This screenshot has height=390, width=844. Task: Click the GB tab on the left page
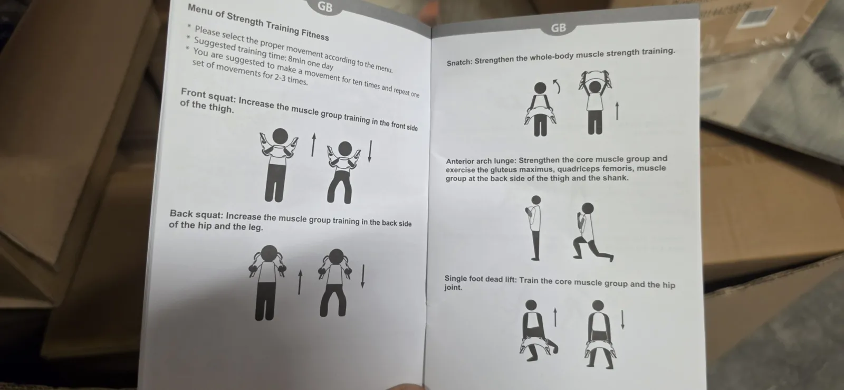click(x=325, y=6)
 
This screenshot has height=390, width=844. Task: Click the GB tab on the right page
click(x=558, y=28)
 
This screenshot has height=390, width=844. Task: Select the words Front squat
click(x=208, y=96)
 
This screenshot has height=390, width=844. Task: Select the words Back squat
click(x=196, y=214)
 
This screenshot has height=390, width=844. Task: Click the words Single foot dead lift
click(x=481, y=279)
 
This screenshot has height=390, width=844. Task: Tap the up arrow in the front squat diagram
click(x=313, y=145)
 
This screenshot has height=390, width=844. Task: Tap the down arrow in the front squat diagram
click(x=370, y=151)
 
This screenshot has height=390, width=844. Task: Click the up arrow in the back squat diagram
click(x=300, y=282)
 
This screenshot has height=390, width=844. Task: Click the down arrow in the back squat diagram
click(x=363, y=277)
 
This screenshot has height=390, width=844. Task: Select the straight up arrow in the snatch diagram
click(x=617, y=111)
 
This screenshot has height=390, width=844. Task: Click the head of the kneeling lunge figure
click(x=588, y=208)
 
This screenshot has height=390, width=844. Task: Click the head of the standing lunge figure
click(x=536, y=200)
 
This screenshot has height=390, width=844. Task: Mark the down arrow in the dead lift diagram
click(x=622, y=320)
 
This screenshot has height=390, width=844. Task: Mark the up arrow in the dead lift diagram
click(x=555, y=317)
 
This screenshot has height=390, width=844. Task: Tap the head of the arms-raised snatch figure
click(x=595, y=87)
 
